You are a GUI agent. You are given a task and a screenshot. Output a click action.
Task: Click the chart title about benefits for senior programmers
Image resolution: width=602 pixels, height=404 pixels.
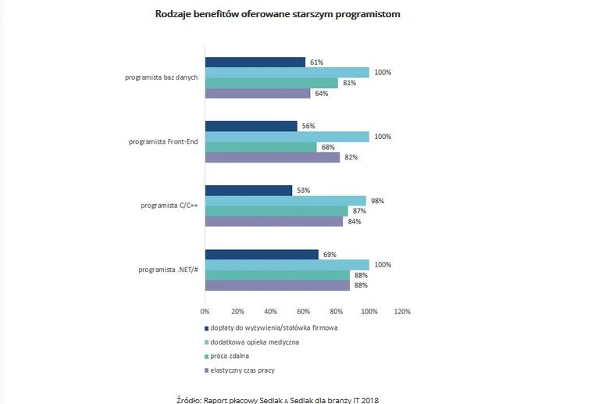pyautogui.click(x=278, y=14)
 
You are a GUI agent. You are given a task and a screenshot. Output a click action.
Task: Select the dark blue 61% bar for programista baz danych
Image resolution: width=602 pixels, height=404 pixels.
pyautogui.click(x=255, y=63)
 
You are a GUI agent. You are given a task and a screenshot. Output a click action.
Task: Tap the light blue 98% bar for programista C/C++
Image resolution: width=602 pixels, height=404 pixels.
pyautogui.click(x=285, y=201)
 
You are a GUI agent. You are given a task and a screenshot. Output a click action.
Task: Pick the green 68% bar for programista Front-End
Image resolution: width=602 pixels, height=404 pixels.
pyautogui.click(x=261, y=147)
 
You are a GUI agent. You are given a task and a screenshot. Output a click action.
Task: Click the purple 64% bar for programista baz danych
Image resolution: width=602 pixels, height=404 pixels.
pyautogui.click(x=257, y=94)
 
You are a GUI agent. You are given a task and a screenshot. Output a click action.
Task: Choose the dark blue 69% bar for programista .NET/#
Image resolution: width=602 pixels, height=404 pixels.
pyautogui.click(x=262, y=254)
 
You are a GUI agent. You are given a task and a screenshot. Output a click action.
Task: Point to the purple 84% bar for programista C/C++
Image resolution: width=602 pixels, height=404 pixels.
pyautogui.click(x=273, y=222)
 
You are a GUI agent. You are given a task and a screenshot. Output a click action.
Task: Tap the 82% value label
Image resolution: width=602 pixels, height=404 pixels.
pyautogui.click(x=351, y=158)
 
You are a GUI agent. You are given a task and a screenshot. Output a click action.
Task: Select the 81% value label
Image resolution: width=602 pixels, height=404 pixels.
pyautogui.click(x=349, y=83)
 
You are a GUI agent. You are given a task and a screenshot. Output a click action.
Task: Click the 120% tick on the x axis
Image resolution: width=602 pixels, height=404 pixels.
pyautogui.click(x=401, y=311)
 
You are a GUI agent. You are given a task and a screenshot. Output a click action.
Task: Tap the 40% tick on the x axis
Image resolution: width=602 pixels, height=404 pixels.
pyautogui.click(x=270, y=311)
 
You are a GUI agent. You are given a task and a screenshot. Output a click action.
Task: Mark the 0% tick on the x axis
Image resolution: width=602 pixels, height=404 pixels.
pyautogui.click(x=205, y=311)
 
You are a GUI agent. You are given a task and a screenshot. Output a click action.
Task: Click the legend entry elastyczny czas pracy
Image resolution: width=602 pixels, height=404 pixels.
pyautogui.click(x=244, y=370)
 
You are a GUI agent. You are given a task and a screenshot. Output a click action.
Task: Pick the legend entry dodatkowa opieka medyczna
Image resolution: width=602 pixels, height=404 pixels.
pyautogui.click(x=254, y=341)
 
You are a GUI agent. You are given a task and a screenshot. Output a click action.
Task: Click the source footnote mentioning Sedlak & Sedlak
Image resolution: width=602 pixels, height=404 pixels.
pyautogui.click(x=278, y=399)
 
